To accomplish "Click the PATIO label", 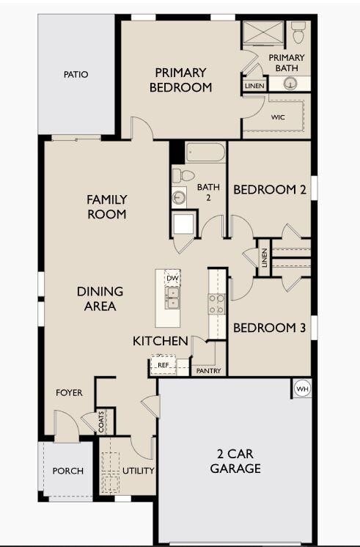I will point(76,74).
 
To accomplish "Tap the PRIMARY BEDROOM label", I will point(180,80).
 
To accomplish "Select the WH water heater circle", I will point(301,387).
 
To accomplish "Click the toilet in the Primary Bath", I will point(298,32).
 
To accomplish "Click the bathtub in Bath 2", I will point(205,152).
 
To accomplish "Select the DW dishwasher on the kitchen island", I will point(172,279).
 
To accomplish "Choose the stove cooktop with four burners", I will point(216,304).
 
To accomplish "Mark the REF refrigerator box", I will point(164,364).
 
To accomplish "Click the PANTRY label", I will point(208,371).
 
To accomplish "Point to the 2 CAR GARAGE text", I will point(235,461).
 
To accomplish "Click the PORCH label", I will point(68,471).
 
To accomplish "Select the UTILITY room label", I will point(137,471).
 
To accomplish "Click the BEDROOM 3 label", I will point(269,328).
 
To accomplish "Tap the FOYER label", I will point(70,393).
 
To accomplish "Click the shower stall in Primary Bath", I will point(262,34).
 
